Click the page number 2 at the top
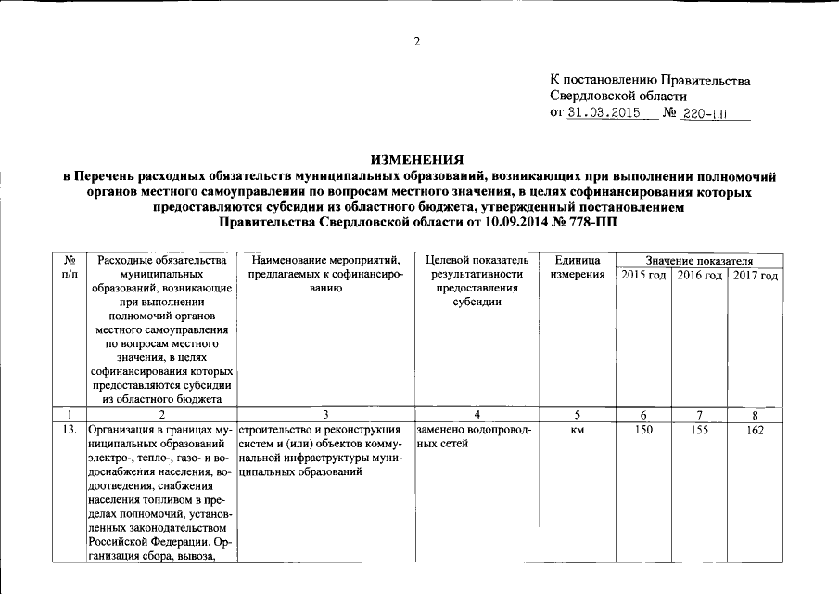417,41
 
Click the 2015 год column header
643,277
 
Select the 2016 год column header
699,277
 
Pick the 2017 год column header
755,277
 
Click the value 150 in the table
643,430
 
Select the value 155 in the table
700,430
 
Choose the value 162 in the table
755,430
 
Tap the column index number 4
477,414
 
